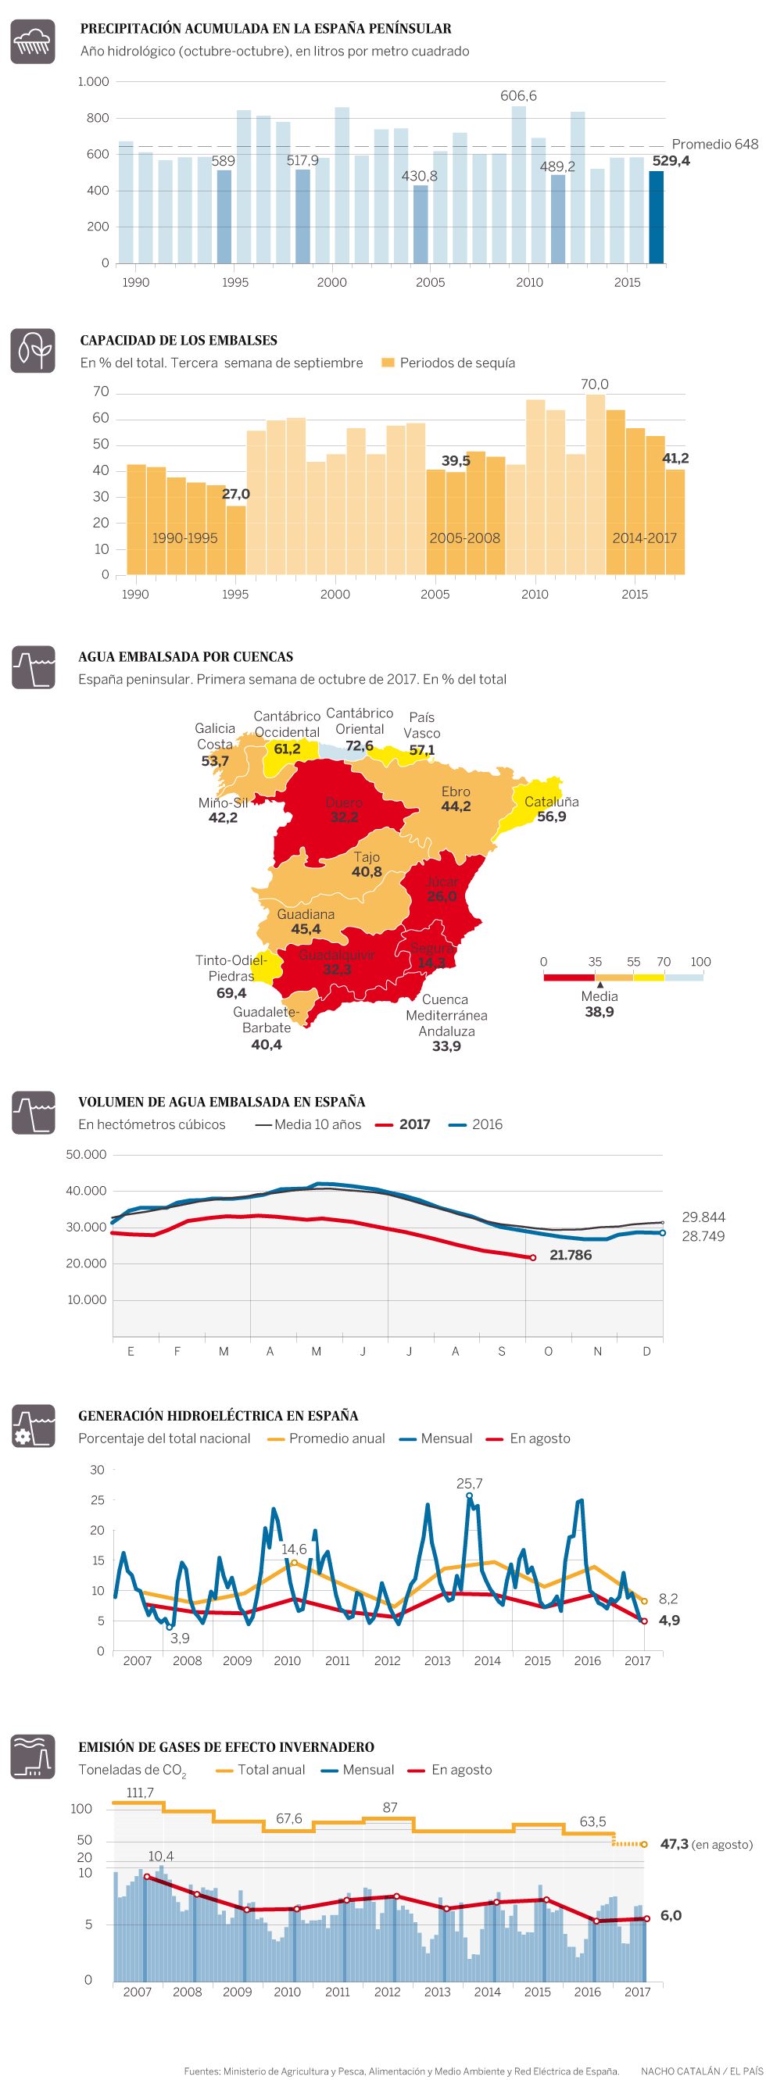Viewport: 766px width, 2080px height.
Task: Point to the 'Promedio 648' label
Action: [714, 144]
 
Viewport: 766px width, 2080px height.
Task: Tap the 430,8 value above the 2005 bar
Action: [420, 176]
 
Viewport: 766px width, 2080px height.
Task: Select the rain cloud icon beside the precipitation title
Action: [32, 41]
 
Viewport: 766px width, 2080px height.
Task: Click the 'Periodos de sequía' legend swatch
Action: [388, 363]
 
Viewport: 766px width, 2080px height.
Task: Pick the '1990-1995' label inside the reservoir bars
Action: [185, 538]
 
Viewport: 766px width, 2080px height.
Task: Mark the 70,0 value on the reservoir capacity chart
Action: [594, 384]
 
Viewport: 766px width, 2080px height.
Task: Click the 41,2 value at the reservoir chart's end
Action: [675, 458]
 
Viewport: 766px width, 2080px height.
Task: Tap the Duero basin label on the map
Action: [343, 802]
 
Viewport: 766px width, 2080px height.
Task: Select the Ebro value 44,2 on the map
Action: [456, 806]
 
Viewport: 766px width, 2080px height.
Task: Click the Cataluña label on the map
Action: [551, 802]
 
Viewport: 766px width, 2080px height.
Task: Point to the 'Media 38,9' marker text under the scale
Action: [599, 1003]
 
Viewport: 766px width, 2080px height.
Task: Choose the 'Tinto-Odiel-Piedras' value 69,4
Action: [231, 992]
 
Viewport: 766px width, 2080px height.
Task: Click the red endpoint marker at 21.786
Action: [532, 1257]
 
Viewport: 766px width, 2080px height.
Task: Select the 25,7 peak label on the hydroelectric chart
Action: [469, 1483]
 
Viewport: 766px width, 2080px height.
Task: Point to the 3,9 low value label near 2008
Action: [179, 1638]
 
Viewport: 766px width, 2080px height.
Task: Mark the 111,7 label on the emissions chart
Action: [140, 1792]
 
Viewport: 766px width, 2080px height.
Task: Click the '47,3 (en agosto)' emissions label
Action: [705, 1844]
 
